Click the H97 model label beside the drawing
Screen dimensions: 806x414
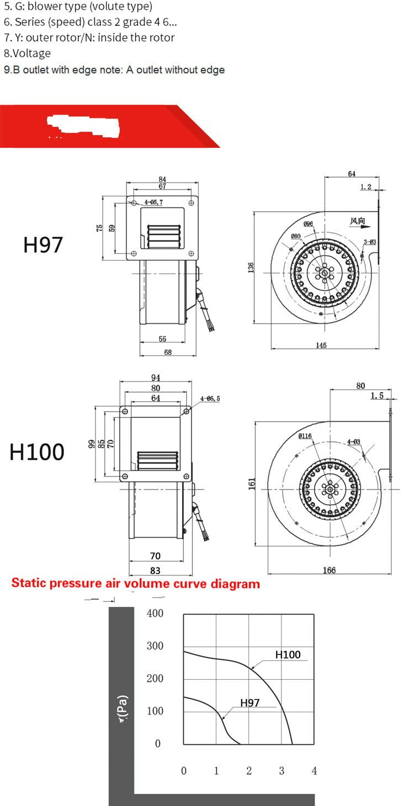(x=43, y=244)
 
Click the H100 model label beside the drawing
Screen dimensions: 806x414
(x=36, y=452)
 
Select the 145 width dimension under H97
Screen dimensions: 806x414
(x=321, y=345)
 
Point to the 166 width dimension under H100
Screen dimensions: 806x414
(x=329, y=570)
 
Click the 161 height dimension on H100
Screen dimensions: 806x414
(x=251, y=483)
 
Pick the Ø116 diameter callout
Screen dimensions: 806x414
(x=305, y=436)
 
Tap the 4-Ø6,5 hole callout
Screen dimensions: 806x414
(x=210, y=398)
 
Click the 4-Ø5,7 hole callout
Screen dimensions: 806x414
(x=153, y=203)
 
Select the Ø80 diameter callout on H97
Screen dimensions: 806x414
(x=296, y=236)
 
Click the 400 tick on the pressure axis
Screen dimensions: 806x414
(x=155, y=613)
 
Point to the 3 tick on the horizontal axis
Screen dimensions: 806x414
(x=282, y=771)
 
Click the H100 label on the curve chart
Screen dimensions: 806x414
(x=288, y=654)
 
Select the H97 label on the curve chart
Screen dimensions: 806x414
(x=250, y=703)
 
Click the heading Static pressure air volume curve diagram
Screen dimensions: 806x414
(x=135, y=583)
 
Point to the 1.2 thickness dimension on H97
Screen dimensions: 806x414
(x=365, y=187)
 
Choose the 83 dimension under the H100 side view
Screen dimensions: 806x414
(x=156, y=571)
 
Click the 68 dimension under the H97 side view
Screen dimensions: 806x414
(x=168, y=352)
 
